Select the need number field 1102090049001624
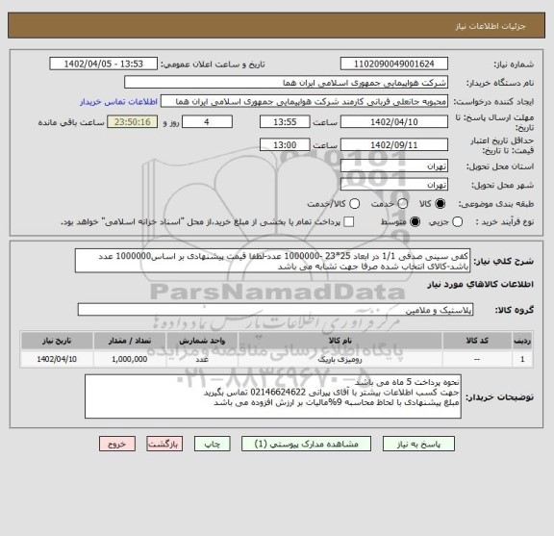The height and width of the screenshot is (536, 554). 402,64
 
